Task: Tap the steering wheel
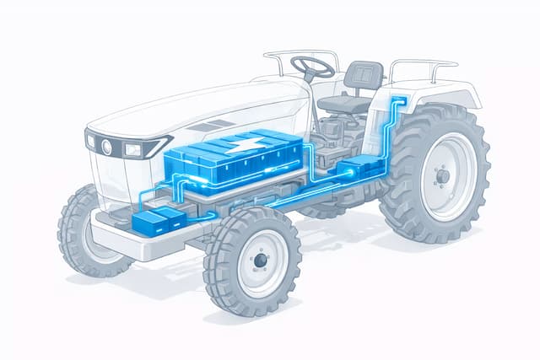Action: tap(312, 67)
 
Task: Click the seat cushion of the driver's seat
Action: tap(346, 104)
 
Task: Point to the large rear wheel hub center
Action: tap(441, 176)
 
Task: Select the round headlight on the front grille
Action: tap(107, 146)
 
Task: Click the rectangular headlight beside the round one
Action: tap(133, 149)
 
